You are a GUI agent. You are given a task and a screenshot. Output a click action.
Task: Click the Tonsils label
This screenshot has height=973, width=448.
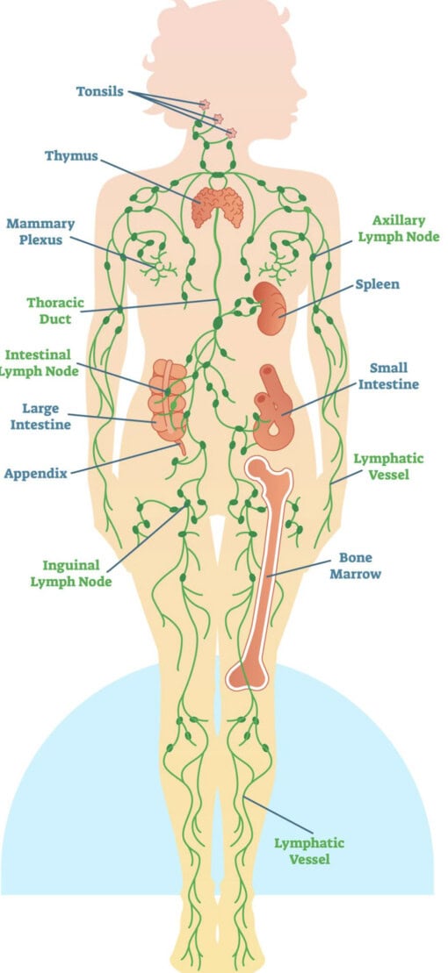99,92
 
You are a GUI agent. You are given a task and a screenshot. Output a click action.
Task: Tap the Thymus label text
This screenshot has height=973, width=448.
71,156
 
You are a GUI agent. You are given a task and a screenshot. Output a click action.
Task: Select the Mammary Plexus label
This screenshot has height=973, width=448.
40,232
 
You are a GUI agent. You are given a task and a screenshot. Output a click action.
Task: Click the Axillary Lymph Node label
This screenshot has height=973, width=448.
398,228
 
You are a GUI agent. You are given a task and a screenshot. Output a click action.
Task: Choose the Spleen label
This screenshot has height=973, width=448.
377,285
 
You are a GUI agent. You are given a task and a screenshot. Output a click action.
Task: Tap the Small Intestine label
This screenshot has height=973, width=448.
388,376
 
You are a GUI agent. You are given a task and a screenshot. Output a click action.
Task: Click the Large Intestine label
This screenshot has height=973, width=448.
40,417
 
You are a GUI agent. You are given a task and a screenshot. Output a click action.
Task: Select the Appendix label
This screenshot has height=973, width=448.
35,474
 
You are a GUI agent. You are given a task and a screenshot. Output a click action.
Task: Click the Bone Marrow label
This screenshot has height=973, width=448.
356,566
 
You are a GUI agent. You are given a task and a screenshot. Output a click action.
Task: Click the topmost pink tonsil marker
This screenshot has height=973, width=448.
204,105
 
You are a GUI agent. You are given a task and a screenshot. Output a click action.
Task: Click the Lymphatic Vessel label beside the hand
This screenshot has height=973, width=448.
388,467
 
